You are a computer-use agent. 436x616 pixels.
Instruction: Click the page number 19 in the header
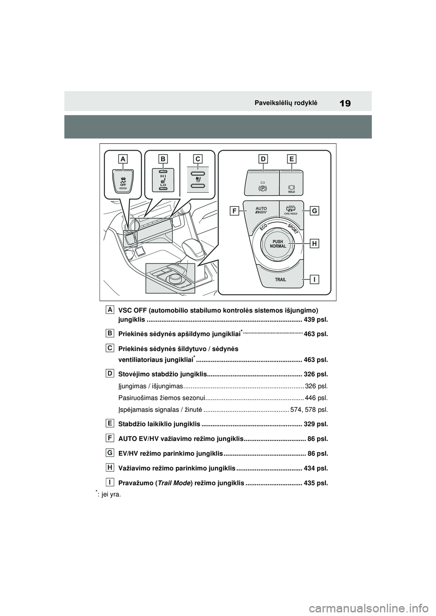point(345,104)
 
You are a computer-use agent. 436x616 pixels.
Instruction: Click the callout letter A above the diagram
point(123,158)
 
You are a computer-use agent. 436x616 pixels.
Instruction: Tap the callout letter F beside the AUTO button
point(234,210)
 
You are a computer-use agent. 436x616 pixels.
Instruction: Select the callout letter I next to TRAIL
point(314,279)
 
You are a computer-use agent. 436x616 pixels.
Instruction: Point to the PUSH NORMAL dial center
point(278,244)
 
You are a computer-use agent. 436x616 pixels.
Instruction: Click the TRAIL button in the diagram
point(280,279)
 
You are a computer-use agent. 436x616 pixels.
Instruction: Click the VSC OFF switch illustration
point(123,183)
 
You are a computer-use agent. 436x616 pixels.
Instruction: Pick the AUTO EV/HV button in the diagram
point(261,210)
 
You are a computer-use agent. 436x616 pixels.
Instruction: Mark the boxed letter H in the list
point(110,466)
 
